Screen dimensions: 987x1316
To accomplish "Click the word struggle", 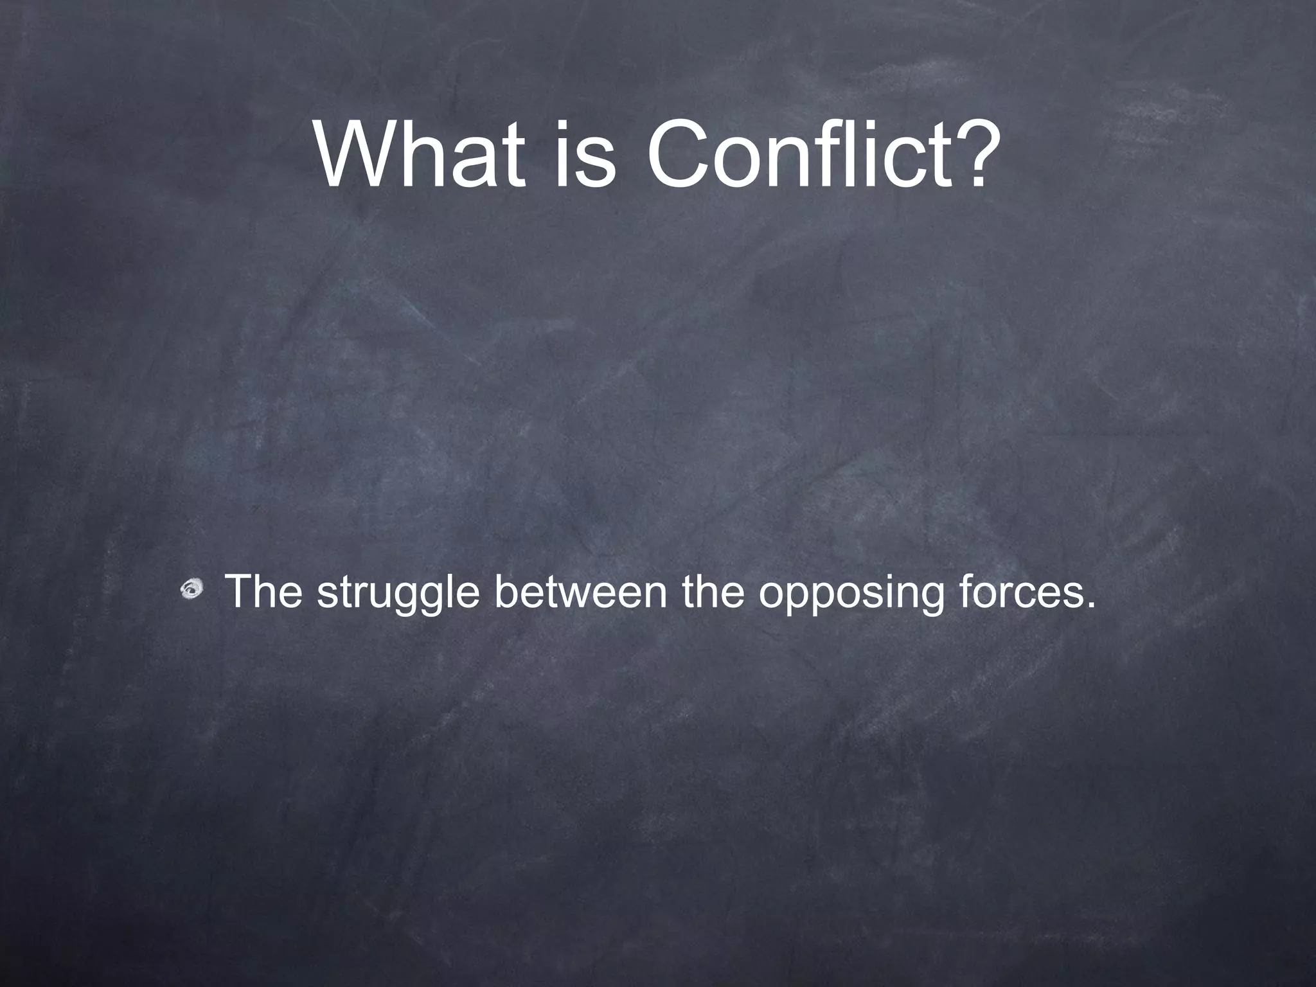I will (398, 593).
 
